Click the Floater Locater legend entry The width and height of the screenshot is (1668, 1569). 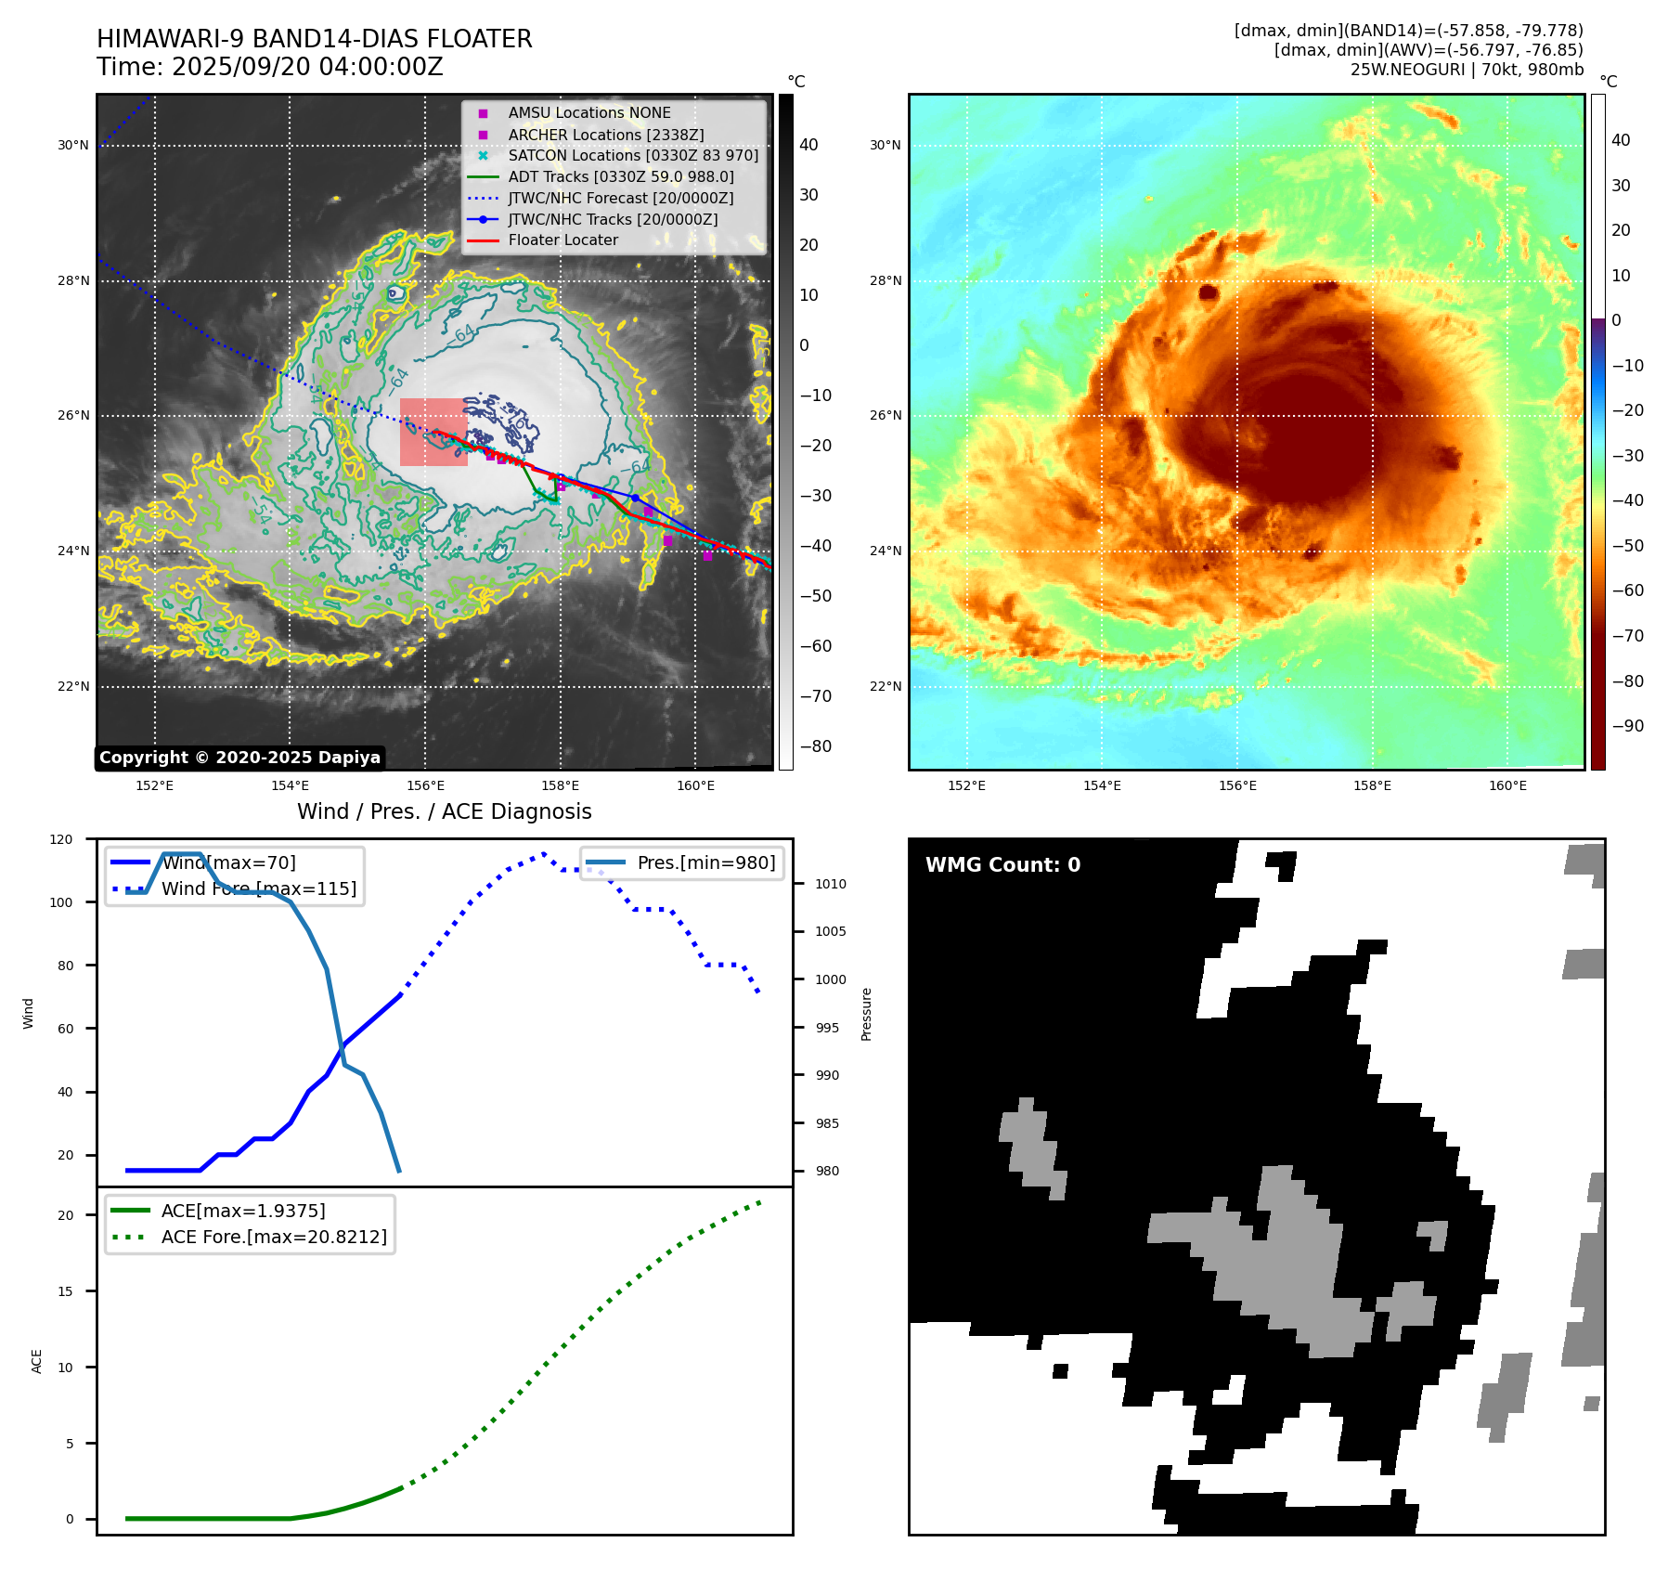562,240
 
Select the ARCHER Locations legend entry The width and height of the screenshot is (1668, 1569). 605,135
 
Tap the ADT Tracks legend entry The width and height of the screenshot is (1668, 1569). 620,176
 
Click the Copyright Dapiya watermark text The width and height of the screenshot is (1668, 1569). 239,758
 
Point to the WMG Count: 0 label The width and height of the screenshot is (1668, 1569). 1002,865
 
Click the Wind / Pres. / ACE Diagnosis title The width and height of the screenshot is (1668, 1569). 444,811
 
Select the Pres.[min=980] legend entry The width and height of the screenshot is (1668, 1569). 705,862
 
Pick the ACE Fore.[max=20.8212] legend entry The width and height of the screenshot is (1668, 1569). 274,1237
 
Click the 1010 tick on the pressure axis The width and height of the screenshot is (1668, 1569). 831,884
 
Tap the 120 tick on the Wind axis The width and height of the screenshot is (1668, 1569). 61,839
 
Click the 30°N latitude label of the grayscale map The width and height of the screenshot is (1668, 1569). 73,145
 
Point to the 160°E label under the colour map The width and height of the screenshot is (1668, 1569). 1507,785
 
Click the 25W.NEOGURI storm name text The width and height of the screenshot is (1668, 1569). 1407,70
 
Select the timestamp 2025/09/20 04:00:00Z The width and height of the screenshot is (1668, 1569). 307,68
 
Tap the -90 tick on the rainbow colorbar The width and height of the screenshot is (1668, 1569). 1627,726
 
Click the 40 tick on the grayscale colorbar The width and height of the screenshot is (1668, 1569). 808,145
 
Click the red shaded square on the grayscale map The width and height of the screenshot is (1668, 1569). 433,432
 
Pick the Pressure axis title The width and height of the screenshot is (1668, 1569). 866,1014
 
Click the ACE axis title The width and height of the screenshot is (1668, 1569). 37,1361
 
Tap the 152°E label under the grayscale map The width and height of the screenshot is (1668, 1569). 154,785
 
